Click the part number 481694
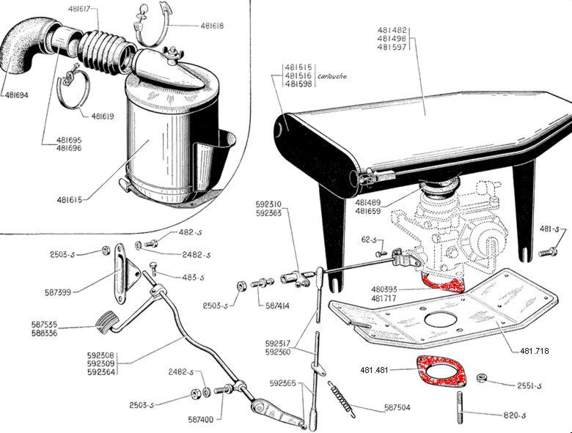click(x=20, y=95)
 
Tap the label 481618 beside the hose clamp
click(x=213, y=26)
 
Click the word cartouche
click(x=333, y=76)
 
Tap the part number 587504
click(x=400, y=407)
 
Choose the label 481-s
click(x=557, y=230)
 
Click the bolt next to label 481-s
click(x=548, y=252)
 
